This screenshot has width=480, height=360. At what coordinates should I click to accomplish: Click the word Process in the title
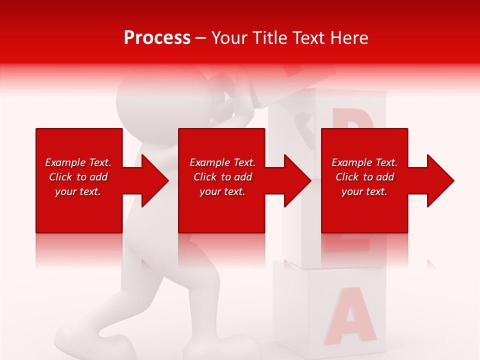(157, 38)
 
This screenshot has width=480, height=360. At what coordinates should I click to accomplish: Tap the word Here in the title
(348, 38)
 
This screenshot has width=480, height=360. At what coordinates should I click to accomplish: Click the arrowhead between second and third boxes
(296, 180)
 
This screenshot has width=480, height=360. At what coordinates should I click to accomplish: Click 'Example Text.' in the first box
(78, 162)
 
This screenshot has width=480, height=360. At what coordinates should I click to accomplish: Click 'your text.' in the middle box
(222, 191)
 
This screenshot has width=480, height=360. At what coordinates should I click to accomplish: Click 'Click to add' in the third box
(364, 177)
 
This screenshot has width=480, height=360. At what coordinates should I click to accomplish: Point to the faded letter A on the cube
(349, 314)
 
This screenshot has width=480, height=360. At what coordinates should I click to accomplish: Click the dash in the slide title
(200, 38)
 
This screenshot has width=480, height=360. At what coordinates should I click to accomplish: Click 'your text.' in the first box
(78, 191)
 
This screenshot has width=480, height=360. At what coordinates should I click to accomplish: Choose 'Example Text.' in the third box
(364, 162)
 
